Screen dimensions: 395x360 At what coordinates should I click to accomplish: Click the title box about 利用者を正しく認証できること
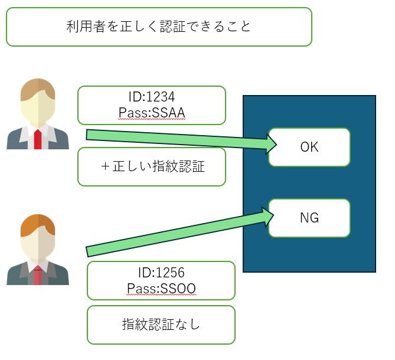point(159,27)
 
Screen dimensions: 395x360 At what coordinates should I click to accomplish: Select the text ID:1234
point(152,97)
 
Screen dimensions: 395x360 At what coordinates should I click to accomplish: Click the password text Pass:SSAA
point(152,113)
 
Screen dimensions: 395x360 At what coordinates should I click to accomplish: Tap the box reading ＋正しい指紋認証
point(152,166)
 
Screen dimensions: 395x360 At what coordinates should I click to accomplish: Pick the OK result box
point(309,148)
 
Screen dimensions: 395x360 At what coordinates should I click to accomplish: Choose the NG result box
point(309,218)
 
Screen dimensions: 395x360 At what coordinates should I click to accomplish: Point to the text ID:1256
point(161,273)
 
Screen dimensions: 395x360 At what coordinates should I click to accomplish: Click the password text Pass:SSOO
point(161,289)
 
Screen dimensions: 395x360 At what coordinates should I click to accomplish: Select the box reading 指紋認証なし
point(161,325)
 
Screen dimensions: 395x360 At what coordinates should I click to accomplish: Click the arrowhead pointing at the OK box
point(272,144)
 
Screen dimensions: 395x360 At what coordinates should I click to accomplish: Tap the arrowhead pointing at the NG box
point(268,216)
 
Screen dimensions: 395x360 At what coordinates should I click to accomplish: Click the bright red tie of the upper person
point(38,139)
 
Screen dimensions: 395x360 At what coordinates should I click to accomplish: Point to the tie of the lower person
point(38,275)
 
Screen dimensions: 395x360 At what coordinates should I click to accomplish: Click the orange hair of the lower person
point(38,225)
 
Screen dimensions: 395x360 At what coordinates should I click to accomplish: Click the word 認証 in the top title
point(173,27)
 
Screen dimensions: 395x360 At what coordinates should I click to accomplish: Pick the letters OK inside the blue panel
point(309,147)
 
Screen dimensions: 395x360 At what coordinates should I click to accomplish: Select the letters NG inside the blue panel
point(309,218)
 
